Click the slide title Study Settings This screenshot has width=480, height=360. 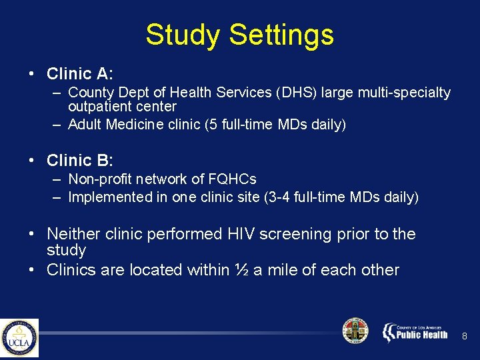click(x=239, y=35)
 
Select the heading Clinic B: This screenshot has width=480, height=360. click(x=80, y=161)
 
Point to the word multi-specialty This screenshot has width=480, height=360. click(x=404, y=93)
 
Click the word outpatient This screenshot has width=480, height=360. click(x=98, y=107)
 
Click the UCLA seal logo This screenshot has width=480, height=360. click(x=19, y=338)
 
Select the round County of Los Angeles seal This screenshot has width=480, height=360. click(x=355, y=331)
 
